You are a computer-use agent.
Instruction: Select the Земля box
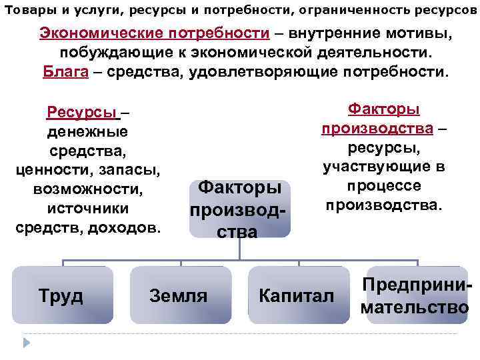click(179, 295)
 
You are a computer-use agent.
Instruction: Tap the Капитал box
click(297, 295)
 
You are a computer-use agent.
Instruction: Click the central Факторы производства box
click(240, 208)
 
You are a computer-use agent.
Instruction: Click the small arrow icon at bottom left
click(27, 343)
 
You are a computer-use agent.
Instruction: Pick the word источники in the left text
click(88, 208)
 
